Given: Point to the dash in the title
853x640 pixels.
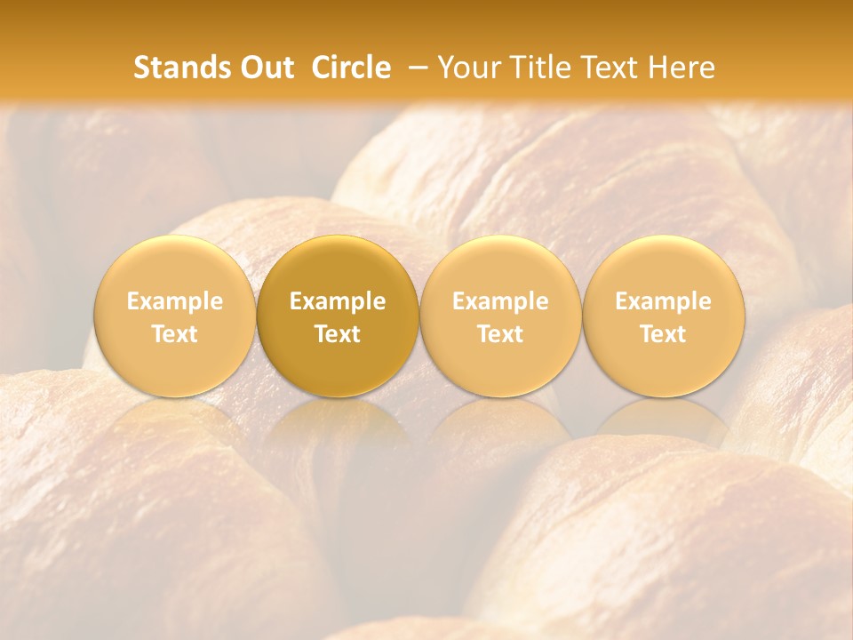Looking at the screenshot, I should click(x=418, y=68).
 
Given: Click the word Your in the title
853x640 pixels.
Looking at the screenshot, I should click(x=466, y=68).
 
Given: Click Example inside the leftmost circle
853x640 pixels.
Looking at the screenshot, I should click(x=175, y=301).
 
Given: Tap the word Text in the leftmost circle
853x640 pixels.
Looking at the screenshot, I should click(x=175, y=334).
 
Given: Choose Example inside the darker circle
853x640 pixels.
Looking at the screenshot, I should click(x=338, y=301).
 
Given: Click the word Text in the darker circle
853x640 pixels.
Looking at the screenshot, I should click(x=338, y=334).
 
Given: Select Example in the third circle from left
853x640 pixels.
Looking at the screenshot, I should click(x=500, y=301).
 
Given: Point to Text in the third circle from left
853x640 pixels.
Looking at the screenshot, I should click(x=500, y=334).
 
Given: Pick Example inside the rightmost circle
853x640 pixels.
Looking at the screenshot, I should click(x=663, y=301).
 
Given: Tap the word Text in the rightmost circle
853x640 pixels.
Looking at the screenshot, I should click(x=663, y=334).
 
